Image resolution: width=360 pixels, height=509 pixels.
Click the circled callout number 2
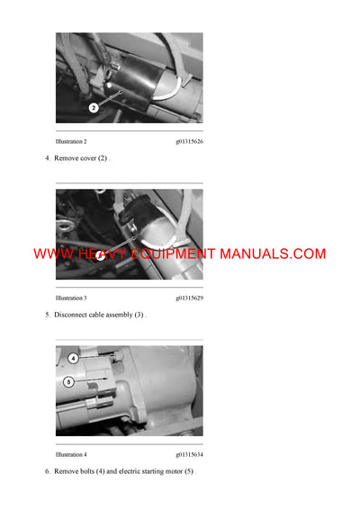[93, 108]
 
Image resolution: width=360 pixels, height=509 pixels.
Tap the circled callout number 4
[74, 357]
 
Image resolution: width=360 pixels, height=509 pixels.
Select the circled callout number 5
[68, 381]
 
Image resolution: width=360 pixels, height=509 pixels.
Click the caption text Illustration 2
[71, 142]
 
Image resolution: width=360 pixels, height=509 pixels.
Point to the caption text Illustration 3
[71, 298]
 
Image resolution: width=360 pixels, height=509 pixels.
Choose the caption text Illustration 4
[71, 454]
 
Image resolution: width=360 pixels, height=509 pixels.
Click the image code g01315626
[189, 142]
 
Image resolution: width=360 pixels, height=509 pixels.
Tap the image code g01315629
[189, 298]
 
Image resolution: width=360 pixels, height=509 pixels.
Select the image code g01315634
[189, 454]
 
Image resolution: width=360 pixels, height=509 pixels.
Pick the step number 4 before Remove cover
[47, 158]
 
